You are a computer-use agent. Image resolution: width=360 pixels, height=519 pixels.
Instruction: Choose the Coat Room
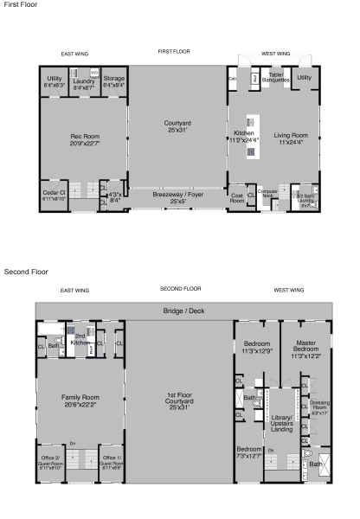[237, 198]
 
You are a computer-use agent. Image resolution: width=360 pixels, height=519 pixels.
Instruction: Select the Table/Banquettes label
[274, 77]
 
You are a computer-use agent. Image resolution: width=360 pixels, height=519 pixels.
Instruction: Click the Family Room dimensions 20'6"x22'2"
[81, 403]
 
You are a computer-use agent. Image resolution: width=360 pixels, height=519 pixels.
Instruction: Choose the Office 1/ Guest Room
[109, 460]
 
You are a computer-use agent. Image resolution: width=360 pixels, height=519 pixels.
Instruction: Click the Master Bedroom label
[305, 348]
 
